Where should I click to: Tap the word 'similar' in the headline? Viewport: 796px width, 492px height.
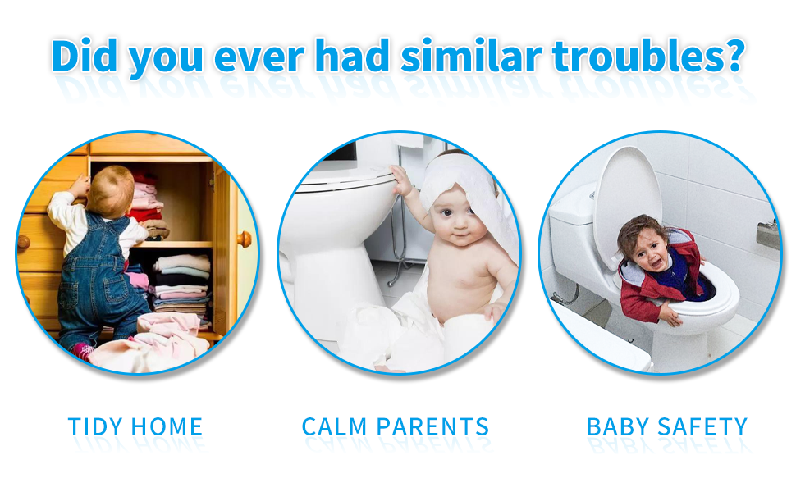coord(471,55)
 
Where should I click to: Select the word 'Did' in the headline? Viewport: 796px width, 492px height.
coord(85,55)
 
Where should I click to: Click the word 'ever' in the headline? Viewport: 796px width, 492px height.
coord(258,58)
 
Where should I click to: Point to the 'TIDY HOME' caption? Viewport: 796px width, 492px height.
coord(135,426)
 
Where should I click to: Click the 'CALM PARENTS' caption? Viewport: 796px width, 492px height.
coord(396,426)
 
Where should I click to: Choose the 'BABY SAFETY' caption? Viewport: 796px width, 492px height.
coord(667,426)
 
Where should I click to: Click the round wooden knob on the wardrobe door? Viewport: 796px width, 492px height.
coord(245,239)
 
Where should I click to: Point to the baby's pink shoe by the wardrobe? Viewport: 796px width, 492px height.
coord(81,351)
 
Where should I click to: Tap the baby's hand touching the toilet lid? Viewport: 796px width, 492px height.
coord(401,181)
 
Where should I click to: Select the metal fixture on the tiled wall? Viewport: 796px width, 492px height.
coord(767,234)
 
